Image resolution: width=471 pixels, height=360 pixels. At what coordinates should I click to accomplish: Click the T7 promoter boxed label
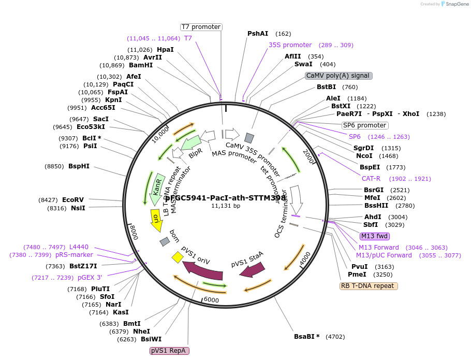pos(201,27)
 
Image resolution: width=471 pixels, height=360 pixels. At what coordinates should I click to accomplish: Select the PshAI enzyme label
pos(258,34)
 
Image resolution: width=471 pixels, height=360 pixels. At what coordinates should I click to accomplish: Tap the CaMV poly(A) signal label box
pos(338,76)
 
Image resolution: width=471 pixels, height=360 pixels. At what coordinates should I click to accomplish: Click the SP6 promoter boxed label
pos(364,125)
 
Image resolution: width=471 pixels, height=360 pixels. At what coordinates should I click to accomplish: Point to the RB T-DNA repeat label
pos(369,286)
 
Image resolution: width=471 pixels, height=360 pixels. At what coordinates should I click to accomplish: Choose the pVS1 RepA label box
pos(170,351)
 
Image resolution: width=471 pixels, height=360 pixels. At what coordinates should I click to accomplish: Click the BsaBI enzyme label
pos(307,337)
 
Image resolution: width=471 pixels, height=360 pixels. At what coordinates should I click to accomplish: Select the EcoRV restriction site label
pos(73,199)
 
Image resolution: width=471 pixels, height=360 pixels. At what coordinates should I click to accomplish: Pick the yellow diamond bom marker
pos(178,256)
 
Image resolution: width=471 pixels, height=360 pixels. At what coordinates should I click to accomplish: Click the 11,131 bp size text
pos(226,206)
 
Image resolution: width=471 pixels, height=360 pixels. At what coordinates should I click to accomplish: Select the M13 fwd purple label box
pos(374,236)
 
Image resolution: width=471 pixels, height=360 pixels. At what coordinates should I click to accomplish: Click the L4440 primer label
pos(79,247)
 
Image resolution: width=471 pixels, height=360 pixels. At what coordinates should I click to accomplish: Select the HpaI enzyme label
pos(165,50)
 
